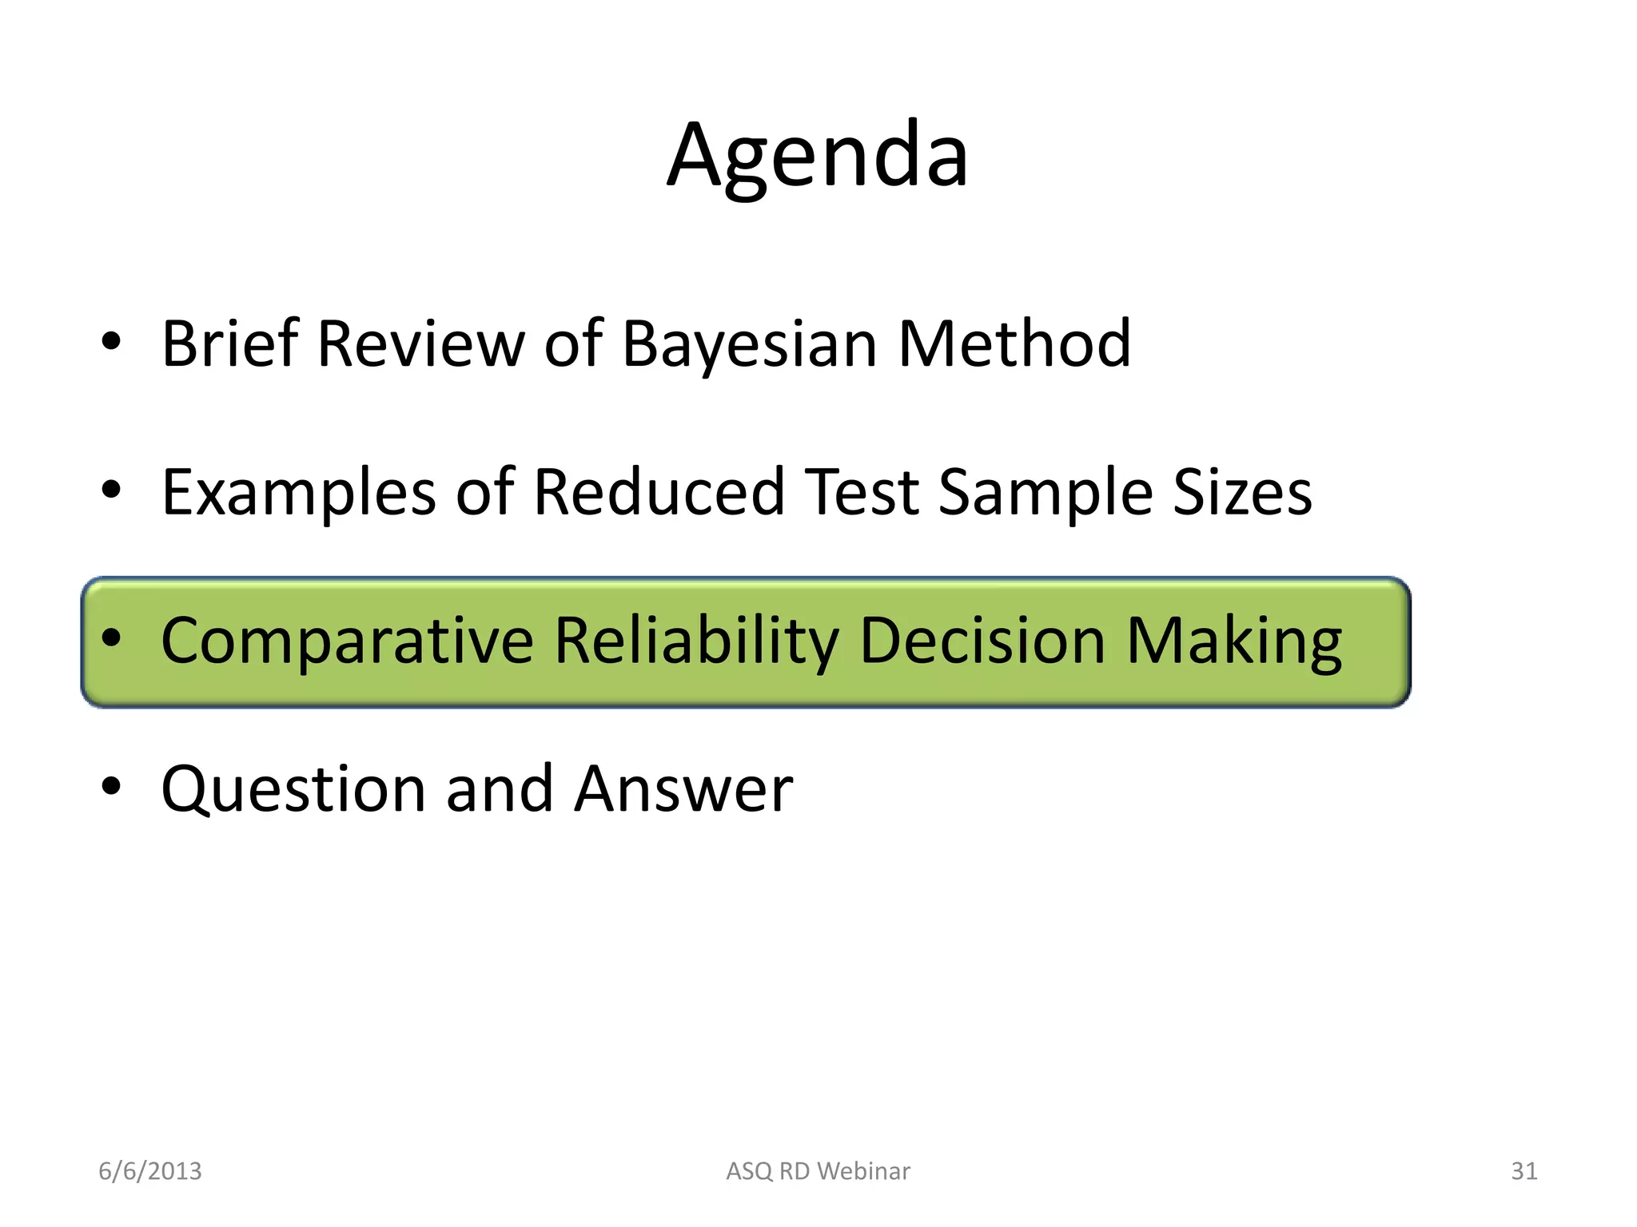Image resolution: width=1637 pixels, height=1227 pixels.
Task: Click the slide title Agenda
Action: tap(818, 156)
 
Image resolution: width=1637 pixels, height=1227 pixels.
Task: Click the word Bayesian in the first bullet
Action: tap(750, 344)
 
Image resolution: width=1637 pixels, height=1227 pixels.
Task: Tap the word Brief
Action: tap(229, 344)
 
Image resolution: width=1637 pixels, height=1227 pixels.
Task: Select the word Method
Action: tap(1014, 344)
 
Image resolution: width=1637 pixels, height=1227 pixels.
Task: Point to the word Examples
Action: tap(298, 493)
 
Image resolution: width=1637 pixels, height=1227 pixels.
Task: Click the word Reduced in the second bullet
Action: tap(659, 493)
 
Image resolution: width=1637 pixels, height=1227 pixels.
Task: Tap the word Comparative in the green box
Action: tap(347, 641)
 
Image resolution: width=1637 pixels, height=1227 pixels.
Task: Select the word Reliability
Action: tap(696, 641)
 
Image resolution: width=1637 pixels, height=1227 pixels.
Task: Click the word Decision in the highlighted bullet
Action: tap(982, 641)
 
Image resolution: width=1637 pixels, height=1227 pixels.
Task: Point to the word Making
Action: tap(1234, 641)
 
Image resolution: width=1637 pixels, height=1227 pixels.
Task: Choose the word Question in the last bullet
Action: tap(293, 790)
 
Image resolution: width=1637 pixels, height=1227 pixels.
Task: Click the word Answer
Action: tap(683, 790)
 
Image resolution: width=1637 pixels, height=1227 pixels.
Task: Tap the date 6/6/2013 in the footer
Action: tap(149, 1171)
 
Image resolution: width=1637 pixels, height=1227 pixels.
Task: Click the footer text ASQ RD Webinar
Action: tap(818, 1171)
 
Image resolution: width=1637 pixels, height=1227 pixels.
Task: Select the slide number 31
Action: tap(1523, 1171)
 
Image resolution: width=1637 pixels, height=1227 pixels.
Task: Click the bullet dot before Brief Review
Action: tap(111, 342)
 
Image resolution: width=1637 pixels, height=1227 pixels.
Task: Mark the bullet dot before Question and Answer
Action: tap(111, 786)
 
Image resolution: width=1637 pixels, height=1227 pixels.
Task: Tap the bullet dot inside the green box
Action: tap(111, 637)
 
